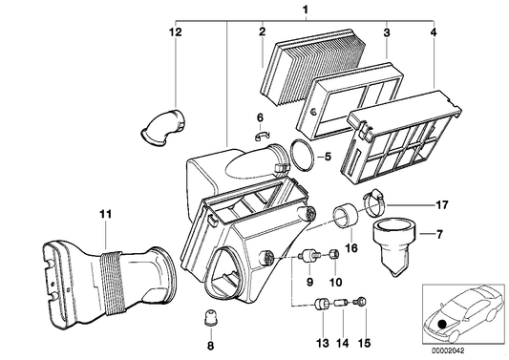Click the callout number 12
(174, 32)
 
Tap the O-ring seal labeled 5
(303, 155)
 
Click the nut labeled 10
(332, 255)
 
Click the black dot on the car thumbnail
(442, 322)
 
